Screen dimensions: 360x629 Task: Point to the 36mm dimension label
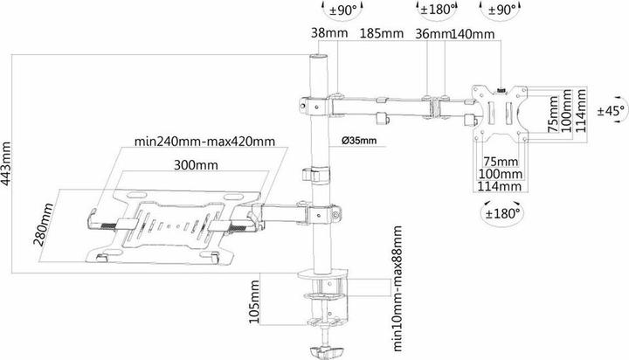(x=432, y=35)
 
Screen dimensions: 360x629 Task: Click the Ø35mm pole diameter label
(x=358, y=141)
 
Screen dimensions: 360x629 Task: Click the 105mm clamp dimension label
(x=254, y=302)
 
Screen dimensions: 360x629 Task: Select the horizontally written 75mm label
(x=501, y=162)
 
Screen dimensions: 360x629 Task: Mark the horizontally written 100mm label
(x=501, y=174)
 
